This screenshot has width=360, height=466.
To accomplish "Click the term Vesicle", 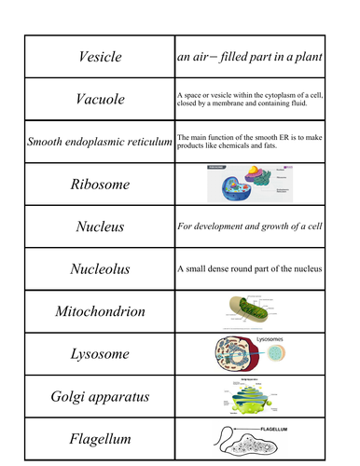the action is (x=99, y=58).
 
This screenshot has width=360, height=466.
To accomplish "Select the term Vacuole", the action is (x=99, y=100).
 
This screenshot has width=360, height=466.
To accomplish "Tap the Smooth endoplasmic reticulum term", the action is (x=99, y=142).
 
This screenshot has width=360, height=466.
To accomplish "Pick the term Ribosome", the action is (x=99, y=184).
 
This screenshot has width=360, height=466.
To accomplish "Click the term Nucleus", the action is (x=99, y=226).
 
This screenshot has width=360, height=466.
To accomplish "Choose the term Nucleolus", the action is (x=99, y=268).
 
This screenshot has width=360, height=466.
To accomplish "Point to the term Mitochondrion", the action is (x=99, y=311).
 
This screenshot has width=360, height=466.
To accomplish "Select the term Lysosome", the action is (x=99, y=354).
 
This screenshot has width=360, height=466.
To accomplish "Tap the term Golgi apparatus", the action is (x=99, y=397).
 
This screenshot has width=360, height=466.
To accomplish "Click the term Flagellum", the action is (x=99, y=439).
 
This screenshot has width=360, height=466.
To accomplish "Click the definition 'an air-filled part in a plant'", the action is (x=249, y=58).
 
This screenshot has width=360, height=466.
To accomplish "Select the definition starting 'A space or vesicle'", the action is (x=249, y=100).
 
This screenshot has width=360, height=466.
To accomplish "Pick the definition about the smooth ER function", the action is (x=249, y=142).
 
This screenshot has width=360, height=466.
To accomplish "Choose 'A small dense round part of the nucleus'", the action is (x=248, y=268).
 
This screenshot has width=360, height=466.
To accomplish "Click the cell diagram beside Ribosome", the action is (x=244, y=184).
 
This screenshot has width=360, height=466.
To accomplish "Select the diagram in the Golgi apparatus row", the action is (x=246, y=397).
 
